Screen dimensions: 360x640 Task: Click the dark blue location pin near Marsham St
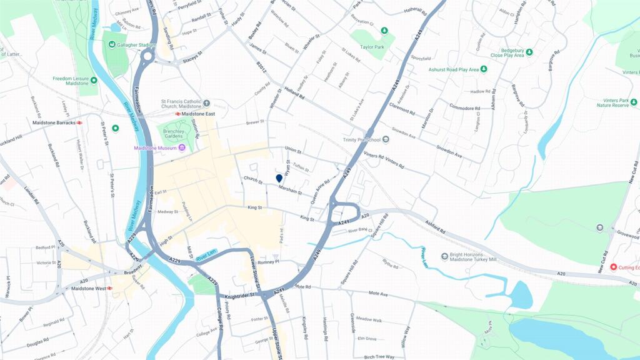(279, 179)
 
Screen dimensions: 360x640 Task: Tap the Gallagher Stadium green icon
(112, 45)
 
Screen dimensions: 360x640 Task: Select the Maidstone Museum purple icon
(181, 148)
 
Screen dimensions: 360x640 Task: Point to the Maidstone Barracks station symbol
(80, 123)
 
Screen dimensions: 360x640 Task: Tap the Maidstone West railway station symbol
(109, 289)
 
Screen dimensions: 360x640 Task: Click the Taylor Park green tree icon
(384, 31)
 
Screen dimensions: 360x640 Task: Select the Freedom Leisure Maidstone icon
(94, 80)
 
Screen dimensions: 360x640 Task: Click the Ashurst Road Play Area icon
(484, 69)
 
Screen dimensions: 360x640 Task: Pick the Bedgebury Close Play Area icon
(529, 52)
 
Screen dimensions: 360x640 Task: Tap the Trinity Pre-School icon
(386, 139)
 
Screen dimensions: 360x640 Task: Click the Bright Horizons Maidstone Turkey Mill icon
(444, 256)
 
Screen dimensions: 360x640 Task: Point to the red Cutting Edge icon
(613, 267)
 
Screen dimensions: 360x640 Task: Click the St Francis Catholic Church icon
(207, 103)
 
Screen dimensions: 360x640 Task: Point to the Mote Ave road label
(378, 293)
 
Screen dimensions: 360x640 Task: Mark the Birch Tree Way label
(379, 357)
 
